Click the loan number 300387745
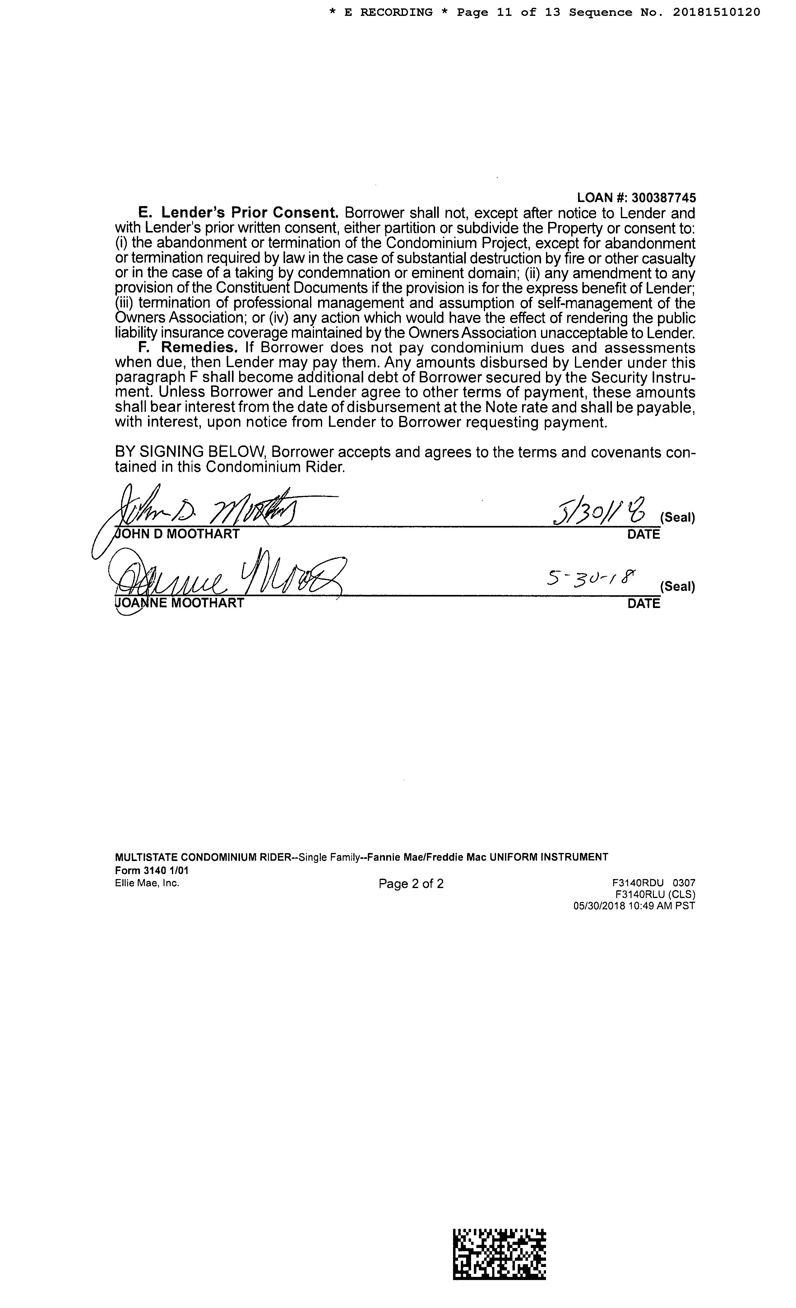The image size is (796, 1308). (664, 198)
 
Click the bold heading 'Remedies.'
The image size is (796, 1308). (199, 348)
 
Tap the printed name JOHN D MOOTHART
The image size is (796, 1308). (177, 534)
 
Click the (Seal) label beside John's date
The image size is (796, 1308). (677, 518)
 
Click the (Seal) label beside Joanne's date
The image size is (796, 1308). (677, 587)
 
